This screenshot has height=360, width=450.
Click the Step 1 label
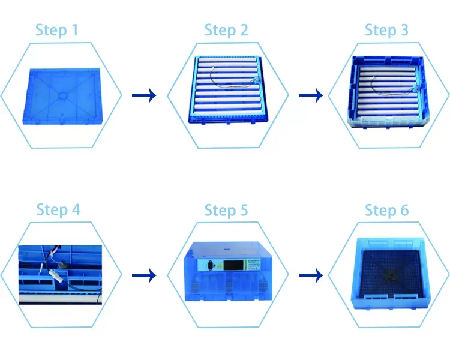point(56,29)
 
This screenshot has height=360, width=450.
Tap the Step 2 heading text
point(226,29)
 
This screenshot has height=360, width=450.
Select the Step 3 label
point(387,29)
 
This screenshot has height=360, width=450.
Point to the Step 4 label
point(58,210)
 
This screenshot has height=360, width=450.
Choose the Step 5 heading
point(226,210)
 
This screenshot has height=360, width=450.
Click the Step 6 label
point(387,210)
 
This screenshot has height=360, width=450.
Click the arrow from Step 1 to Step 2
point(143,95)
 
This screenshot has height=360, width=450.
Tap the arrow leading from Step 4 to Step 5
point(143,275)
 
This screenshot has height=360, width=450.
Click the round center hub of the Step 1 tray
point(62,94)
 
